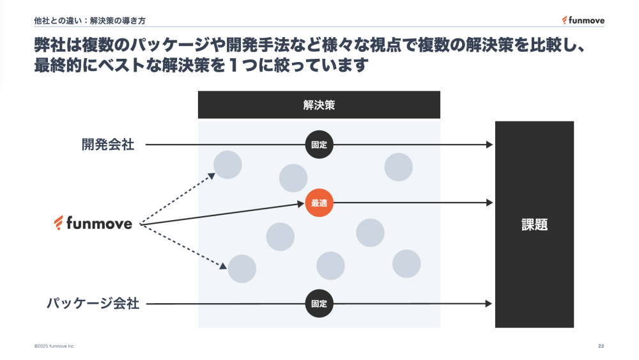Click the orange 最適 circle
point(319,203)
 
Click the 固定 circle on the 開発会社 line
point(319,145)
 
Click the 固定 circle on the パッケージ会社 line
point(319,304)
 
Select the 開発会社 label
point(108,145)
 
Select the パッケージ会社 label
point(93,304)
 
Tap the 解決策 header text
point(319,106)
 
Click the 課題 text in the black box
point(534,224)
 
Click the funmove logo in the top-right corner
point(583,20)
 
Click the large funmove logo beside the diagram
point(94,223)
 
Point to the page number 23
point(601,346)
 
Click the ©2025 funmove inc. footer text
point(54,346)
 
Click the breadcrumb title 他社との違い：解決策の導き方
point(90,20)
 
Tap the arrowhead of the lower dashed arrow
point(224,266)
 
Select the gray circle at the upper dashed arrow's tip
point(227,164)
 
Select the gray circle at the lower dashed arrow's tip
point(242,269)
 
